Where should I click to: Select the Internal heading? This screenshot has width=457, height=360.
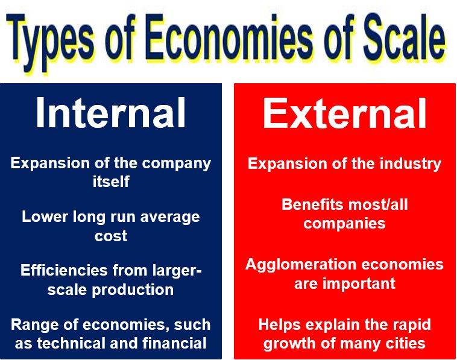tap(111, 113)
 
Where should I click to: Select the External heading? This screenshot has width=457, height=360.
tap(344, 113)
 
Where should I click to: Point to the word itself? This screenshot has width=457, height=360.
tap(111, 182)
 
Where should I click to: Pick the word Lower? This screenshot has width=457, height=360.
tap(45, 216)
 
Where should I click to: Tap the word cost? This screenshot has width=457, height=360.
tap(111, 236)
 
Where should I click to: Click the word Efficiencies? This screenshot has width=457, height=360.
tap(64, 270)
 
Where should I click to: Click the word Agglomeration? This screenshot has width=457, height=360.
tap(301, 265)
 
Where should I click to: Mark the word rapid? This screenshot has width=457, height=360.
tap(409, 325)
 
